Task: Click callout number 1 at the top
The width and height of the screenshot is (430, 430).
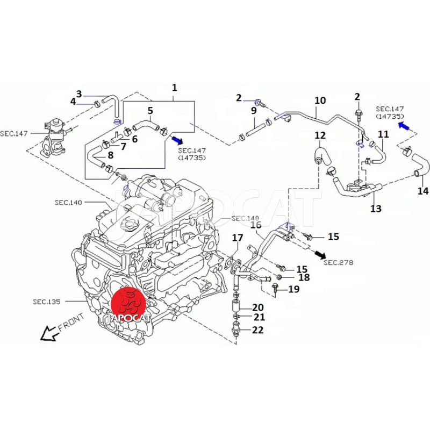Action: pos(174,87)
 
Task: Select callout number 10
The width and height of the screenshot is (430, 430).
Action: pos(320,101)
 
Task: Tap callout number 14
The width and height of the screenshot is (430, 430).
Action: pos(422,191)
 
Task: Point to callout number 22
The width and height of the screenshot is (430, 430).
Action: pos(257,330)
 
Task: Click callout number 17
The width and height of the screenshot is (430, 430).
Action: pos(237,238)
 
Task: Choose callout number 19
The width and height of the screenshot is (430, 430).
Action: pos(293,290)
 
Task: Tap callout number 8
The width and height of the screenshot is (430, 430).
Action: pos(110,155)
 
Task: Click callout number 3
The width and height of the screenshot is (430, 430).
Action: pos(78,94)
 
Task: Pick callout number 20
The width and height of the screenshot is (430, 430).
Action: pos(257,307)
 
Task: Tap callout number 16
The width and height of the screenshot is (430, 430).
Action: pos(256,225)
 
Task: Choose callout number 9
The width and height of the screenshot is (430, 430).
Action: pos(254,111)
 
